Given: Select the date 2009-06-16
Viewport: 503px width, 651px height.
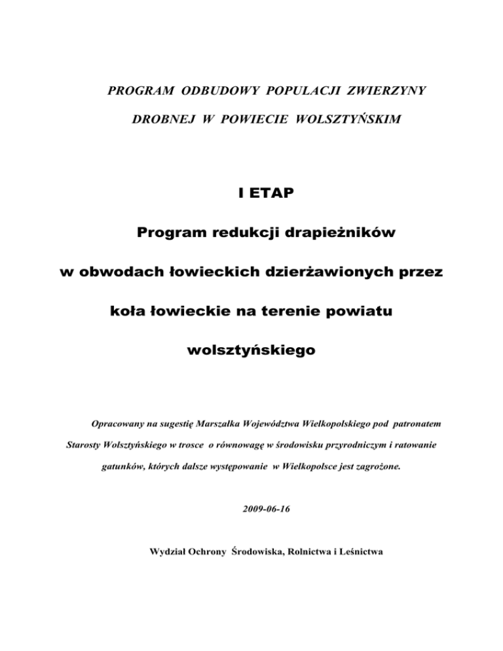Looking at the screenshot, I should point(251,507).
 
